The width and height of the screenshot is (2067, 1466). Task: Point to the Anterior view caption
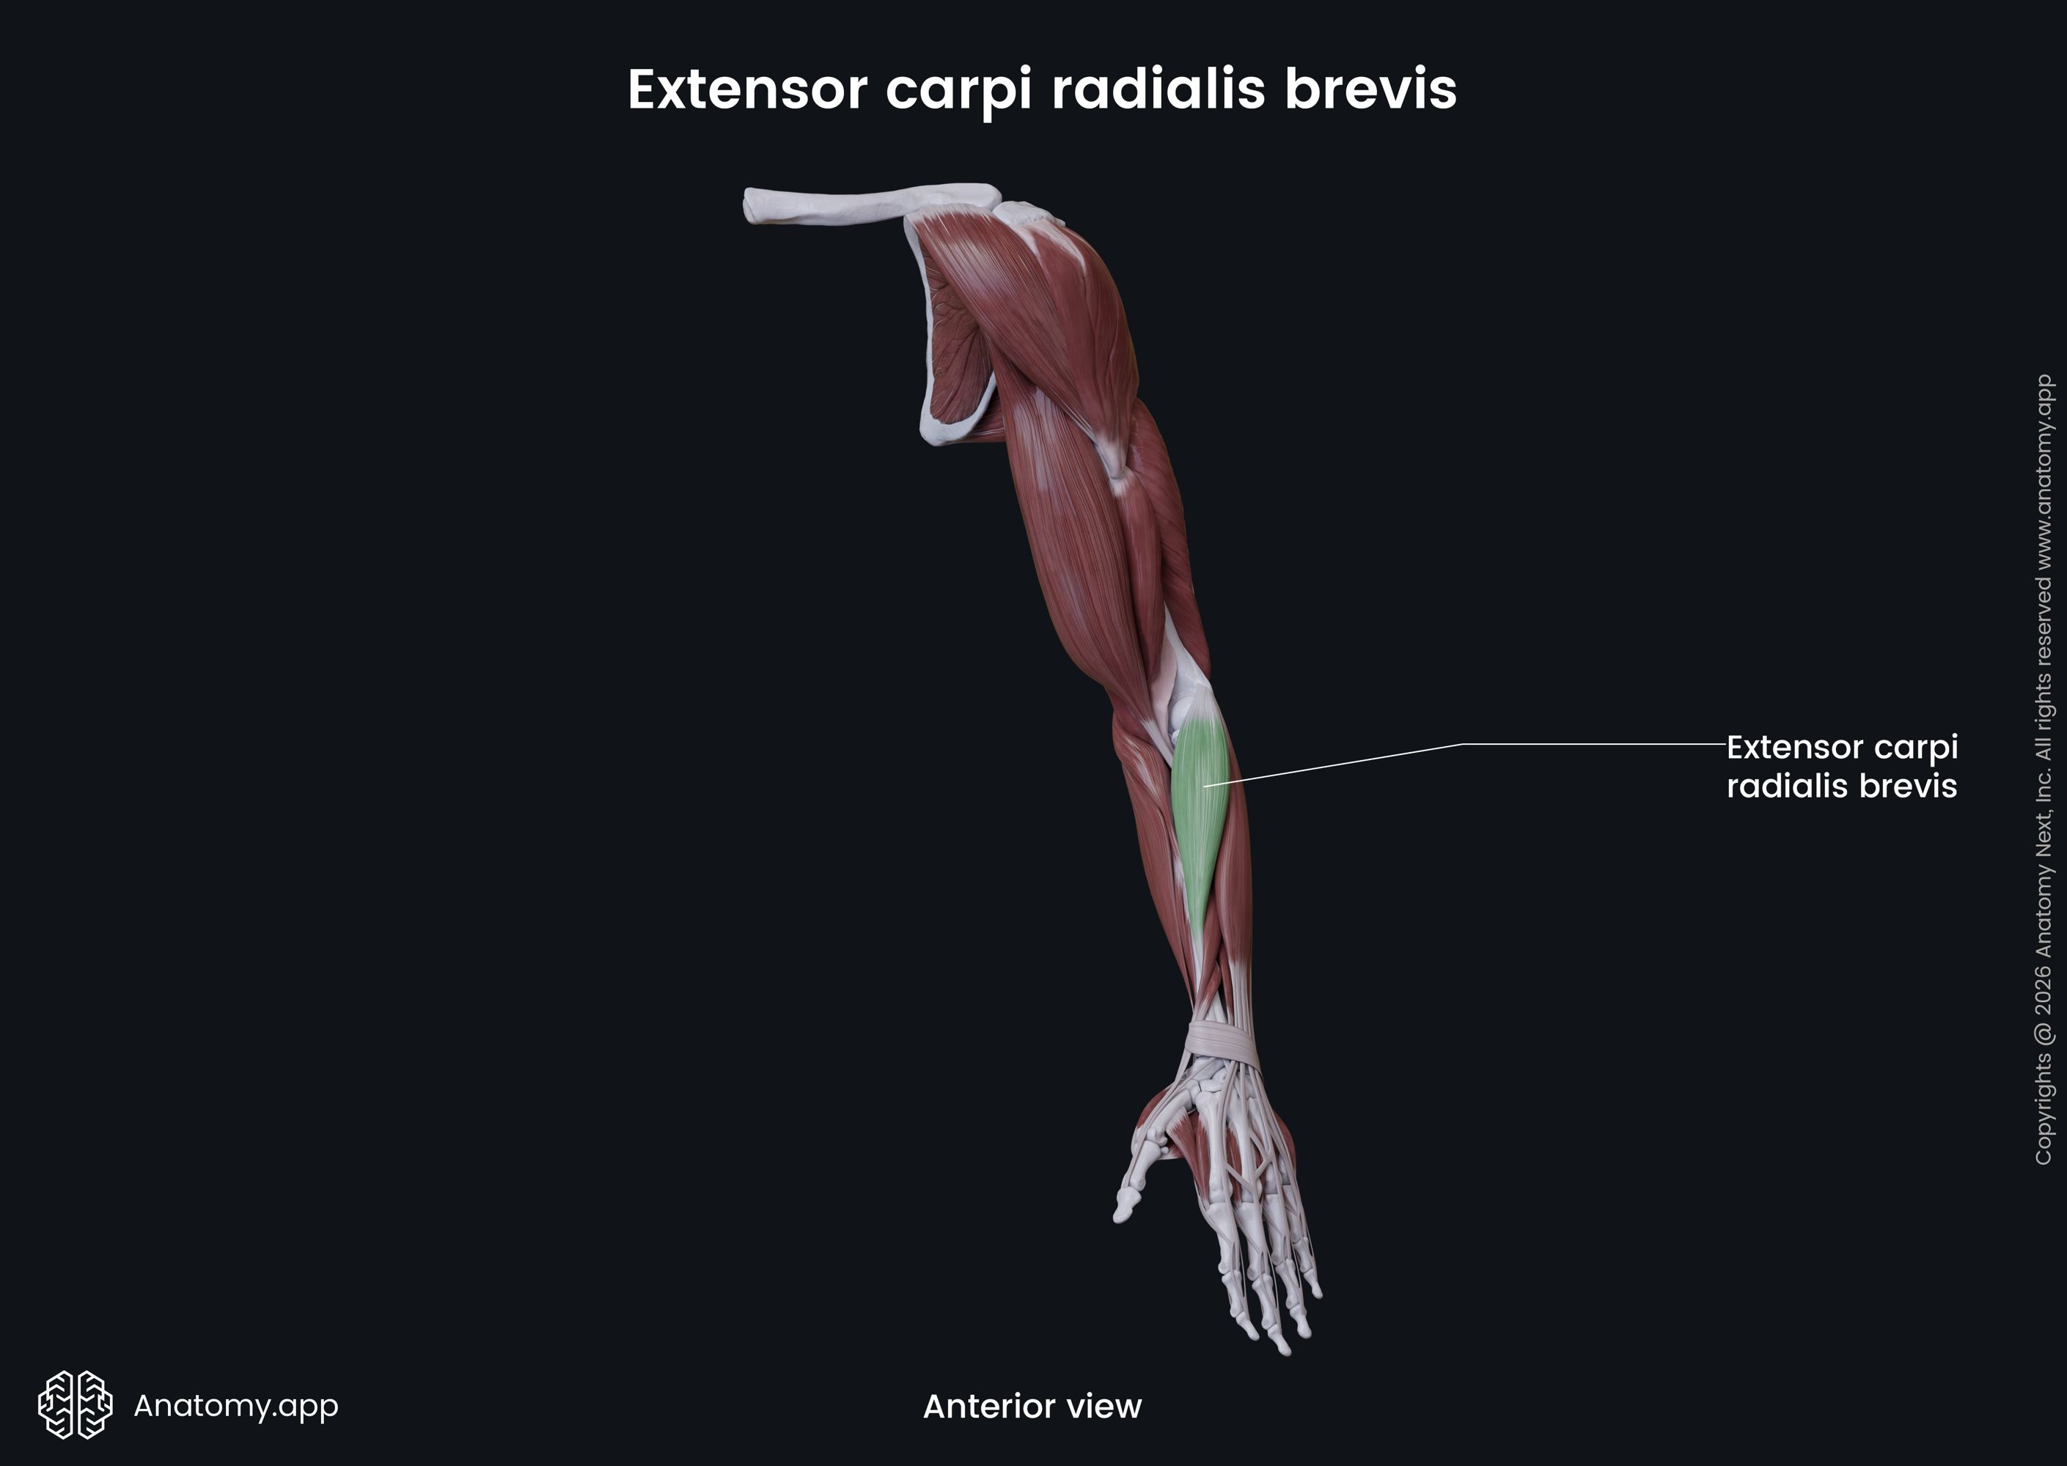click(x=1032, y=1405)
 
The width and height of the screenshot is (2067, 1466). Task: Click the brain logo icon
click(x=75, y=1404)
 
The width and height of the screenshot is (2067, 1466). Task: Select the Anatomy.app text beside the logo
click(x=235, y=1404)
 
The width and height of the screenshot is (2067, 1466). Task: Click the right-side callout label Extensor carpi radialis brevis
click(x=1841, y=767)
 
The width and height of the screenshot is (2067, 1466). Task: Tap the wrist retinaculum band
click(x=1222, y=1041)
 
